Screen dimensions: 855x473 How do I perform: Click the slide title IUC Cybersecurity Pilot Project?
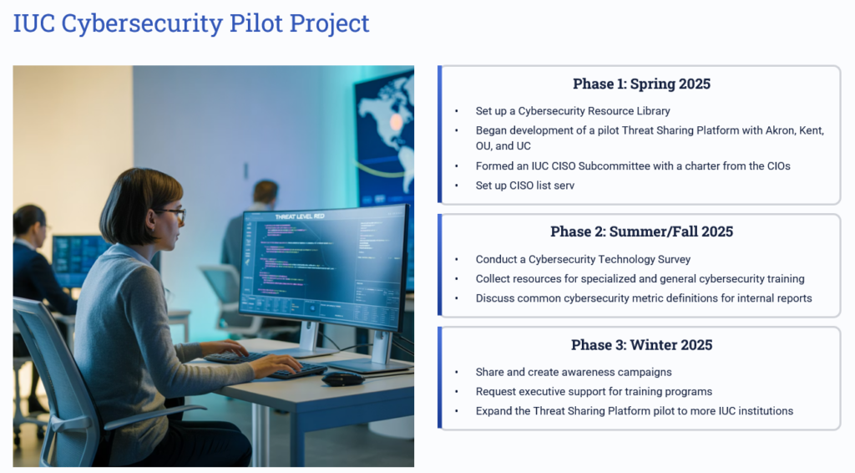(x=191, y=23)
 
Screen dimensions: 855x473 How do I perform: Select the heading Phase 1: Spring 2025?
(x=641, y=84)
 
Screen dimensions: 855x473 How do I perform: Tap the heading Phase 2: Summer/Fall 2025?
(x=641, y=231)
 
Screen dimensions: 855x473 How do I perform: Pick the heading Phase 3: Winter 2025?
(x=641, y=345)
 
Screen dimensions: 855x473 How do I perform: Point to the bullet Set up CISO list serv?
(x=524, y=186)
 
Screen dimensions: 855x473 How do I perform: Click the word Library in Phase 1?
(x=653, y=111)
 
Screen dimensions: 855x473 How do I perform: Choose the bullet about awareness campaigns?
(x=573, y=372)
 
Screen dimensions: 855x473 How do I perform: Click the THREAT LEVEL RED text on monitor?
(x=300, y=216)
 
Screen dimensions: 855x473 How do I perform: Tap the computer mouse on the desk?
(x=342, y=378)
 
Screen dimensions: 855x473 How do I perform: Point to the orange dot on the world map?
(x=397, y=122)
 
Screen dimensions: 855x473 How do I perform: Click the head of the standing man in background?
(x=266, y=192)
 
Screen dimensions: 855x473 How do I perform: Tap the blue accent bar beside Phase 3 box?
(x=439, y=378)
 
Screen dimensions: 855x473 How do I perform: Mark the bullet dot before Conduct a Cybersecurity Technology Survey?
(x=457, y=260)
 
